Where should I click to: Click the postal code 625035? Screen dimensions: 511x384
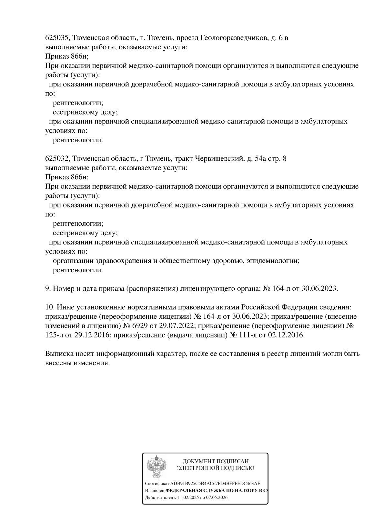(x=56, y=38)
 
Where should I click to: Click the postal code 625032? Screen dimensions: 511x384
(x=56, y=159)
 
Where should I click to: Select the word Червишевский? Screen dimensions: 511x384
(x=218, y=159)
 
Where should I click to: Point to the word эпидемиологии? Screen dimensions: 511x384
(x=273, y=261)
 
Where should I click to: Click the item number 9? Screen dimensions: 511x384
(x=47, y=288)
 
